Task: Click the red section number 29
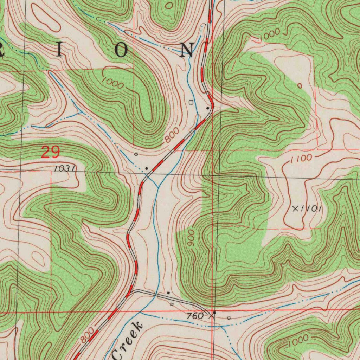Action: pyautogui.click(x=51, y=153)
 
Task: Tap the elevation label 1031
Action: pyautogui.click(x=64, y=169)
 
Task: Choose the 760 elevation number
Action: pyautogui.click(x=195, y=316)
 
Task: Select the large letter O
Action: pyautogui.click(x=121, y=51)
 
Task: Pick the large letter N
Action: pyautogui.click(x=187, y=50)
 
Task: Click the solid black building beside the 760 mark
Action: pyautogui.click(x=214, y=312)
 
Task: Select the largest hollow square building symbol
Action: pyautogui.click(x=191, y=102)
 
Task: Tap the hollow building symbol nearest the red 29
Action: pyautogui.click(x=136, y=154)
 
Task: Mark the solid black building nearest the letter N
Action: pyautogui.click(x=208, y=108)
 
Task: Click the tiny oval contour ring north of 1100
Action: pyautogui.click(x=300, y=85)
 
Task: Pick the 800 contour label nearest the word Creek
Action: pyautogui.click(x=87, y=335)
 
